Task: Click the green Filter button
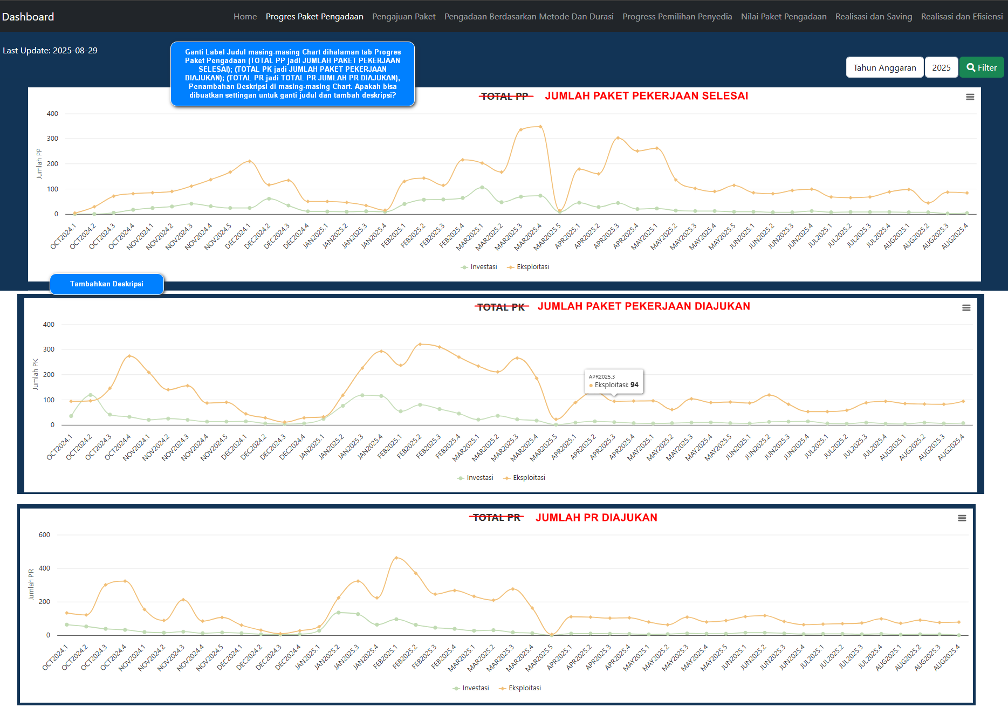point(981,67)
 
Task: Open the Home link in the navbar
point(245,17)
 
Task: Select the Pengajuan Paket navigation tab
point(403,17)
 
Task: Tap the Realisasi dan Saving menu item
point(873,17)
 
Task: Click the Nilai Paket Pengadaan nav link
point(783,17)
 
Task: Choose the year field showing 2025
point(941,67)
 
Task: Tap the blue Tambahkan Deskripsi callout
point(107,284)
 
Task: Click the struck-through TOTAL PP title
point(505,97)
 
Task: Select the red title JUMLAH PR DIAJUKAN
point(596,518)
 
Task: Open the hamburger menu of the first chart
point(970,97)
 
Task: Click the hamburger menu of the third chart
point(962,518)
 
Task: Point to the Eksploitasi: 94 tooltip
point(614,381)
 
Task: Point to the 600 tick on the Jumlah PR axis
point(44,535)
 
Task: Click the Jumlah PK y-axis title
point(36,374)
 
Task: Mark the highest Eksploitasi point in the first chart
point(540,127)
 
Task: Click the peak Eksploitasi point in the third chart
point(396,558)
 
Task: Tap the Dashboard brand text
point(28,17)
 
